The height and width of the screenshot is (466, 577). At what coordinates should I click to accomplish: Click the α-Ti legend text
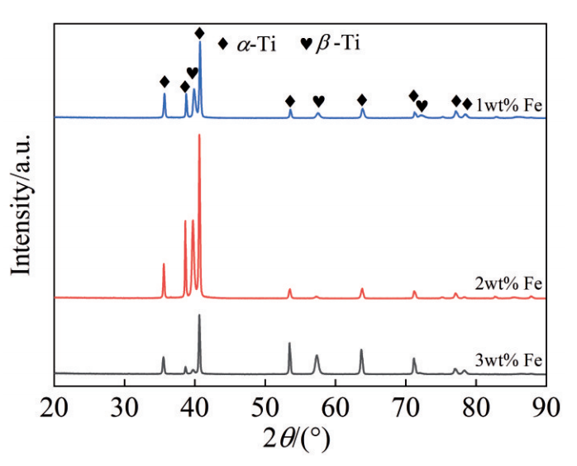click(257, 45)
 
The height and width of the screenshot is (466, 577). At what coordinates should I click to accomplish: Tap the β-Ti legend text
click(339, 44)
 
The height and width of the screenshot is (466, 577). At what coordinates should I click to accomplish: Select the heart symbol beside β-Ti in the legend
click(305, 45)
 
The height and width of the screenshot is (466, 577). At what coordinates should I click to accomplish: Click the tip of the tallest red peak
click(199, 135)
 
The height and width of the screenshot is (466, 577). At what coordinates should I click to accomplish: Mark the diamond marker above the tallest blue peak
click(199, 33)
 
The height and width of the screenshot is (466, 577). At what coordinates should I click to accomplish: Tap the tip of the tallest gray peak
click(198, 315)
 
